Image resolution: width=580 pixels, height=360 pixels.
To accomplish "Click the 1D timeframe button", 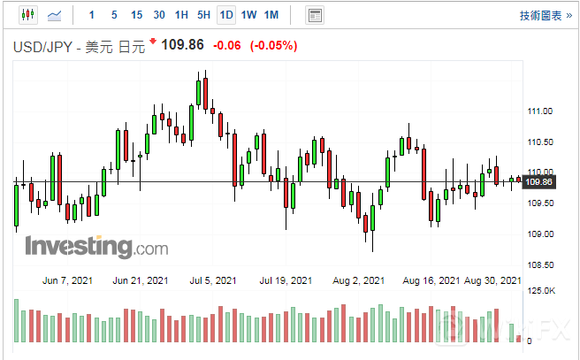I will click(x=226, y=15).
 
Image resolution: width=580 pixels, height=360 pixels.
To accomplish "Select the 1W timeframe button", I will click(x=248, y=15).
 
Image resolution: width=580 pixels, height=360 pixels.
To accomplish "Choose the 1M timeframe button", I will click(x=271, y=15).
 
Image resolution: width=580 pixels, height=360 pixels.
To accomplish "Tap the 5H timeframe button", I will click(x=203, y=15).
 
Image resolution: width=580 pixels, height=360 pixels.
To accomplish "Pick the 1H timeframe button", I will click(x=181, y=15).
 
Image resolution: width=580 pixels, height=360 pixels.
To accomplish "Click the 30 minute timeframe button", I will click(x=158, y=15).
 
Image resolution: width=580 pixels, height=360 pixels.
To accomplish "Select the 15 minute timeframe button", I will click(x=136, y=15).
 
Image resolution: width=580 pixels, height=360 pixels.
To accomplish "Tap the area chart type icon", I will click(x=55, y=15).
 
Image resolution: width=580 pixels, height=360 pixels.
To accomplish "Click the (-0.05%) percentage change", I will click(x=274, y=45).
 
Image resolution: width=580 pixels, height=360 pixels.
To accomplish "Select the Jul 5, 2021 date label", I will click(x=214, y=281).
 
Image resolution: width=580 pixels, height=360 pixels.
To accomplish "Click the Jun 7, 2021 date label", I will click(x=67, y=281).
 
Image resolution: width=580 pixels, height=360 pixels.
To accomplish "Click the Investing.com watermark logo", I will click(x=96, y=246).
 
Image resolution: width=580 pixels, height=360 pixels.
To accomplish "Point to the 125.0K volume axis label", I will click(x=540, y=290).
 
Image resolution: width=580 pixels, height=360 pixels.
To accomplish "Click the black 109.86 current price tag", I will click(x=538, y=182).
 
